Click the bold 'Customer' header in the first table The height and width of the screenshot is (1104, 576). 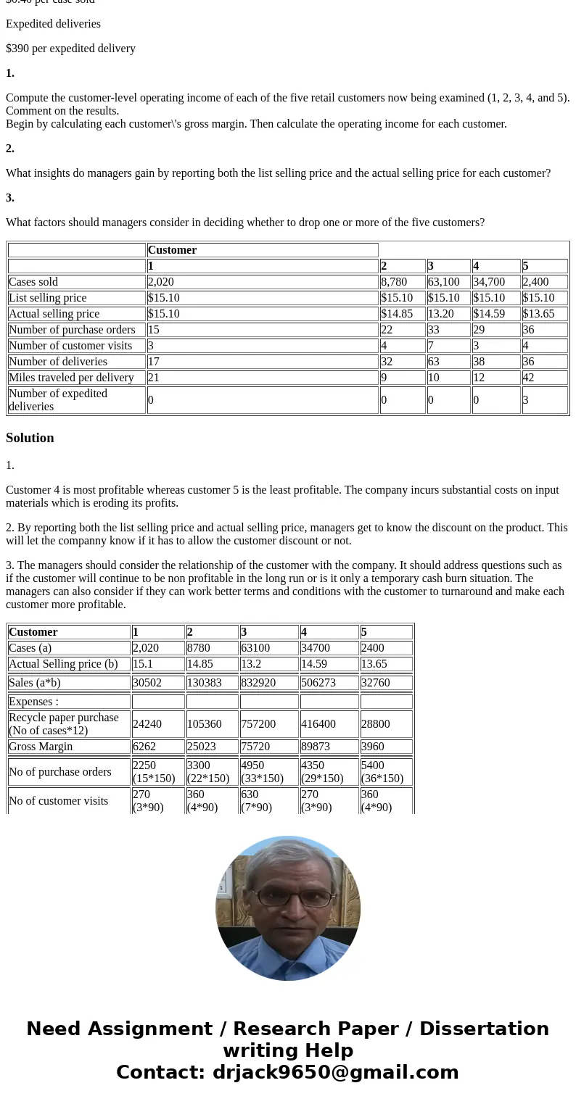click(173, 250)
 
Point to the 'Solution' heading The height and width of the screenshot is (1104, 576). click(30, 438)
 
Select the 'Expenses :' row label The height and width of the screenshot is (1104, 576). click(33, 702)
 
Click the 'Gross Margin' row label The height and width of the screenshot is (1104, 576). click(41, 747)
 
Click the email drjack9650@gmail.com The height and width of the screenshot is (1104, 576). click(335, 1073)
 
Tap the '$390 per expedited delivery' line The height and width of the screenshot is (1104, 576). click(70, 49)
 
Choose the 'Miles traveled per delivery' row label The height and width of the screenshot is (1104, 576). click(71, 378)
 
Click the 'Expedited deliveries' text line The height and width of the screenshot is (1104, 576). click(53, 24)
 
